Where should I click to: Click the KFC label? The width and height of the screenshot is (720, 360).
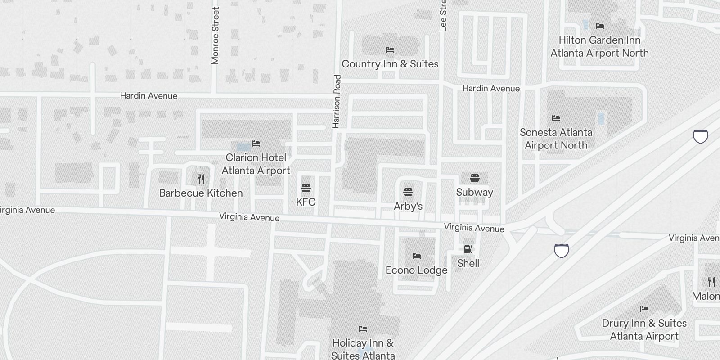pyautogui.click(x=306, y=202)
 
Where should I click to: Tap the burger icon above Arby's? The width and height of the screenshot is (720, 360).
pyautogui.click(x=408, y=193)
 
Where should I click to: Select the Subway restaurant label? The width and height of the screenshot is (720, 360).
pyautogui.click(x=474, y=192)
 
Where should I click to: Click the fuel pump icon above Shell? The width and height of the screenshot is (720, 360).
pyautogui.click(x=468, y=249)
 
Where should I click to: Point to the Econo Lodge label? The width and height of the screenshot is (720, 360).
pyautogui.click(x=416, y=270)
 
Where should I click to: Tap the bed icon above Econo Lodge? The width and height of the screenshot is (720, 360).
pyautogui.click(x=417, y=256)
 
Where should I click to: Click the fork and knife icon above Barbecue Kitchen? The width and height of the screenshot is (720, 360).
pyautogui.click(x=201, y=179)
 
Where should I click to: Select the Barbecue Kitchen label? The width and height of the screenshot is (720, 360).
pyautogui.click(x=201, y=193)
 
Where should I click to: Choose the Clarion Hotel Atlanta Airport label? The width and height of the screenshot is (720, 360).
pyautogui.click(x=256, y=164)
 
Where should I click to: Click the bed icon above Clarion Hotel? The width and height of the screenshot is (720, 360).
pyautogui.click(x=256, y=144)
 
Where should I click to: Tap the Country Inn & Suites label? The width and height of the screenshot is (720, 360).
pyautogui.click(x=390, y=64)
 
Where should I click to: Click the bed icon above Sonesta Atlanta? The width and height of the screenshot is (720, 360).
pyautogui.click(x=556, y=118)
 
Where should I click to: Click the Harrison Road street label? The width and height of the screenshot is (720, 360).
pyautogui.click(x=337, y=101)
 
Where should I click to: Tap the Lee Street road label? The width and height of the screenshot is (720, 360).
pyautogui.click(x=443, y=16)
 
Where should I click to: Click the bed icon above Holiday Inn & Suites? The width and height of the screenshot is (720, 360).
pyautogui.click(x=363, y=329)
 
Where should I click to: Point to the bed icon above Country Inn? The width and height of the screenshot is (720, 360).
pyautogui.click(x=390, y=49)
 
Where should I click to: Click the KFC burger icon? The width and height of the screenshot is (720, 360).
pyautogui.click(x=306, y=188)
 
